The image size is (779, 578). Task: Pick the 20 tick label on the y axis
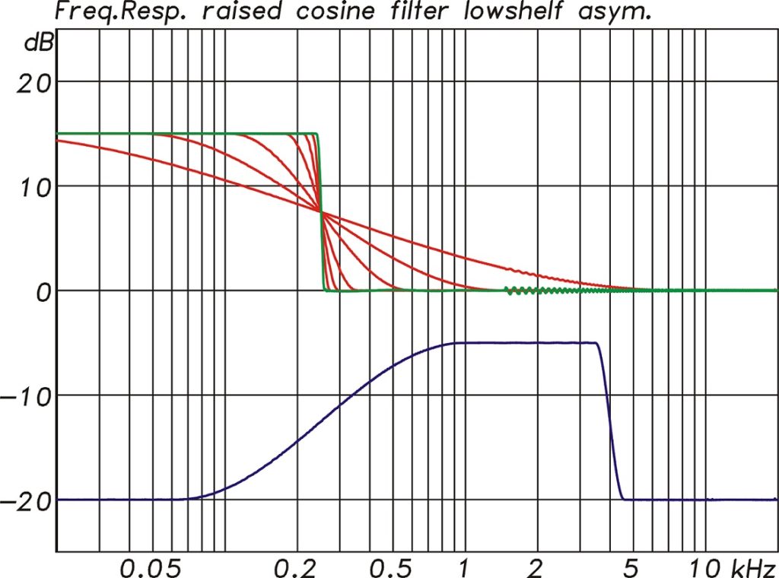(x=33, y=81)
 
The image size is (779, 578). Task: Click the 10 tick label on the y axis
(x=33, y=186)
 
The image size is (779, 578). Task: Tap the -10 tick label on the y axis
(x=27, y=396)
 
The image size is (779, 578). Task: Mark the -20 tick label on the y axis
(x=27, y=501)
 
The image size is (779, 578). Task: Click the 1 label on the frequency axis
(x=463, y=566)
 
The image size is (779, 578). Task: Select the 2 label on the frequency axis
(x=536, y=566)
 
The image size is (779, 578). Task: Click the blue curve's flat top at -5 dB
(x=525, y=343)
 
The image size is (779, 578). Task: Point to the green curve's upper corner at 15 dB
(x=315, y=135)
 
